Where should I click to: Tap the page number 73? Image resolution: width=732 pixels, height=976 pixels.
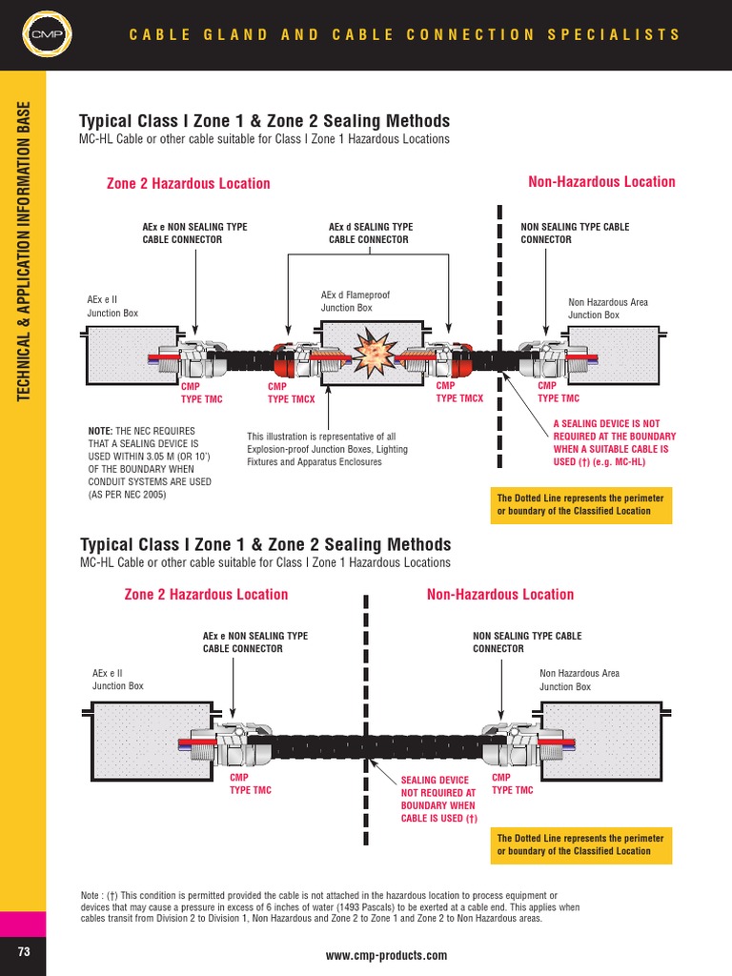pyautogui.click(x=23, y=952)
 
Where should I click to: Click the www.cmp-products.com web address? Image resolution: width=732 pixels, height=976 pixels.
pyautogui.click(x=386, y=955)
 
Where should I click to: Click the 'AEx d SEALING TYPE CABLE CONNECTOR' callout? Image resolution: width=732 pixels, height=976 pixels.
pyautogui.click(x=371, y=233)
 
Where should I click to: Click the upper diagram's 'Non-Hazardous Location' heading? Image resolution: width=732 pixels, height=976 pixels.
pyautogui.click(x=601, y=182)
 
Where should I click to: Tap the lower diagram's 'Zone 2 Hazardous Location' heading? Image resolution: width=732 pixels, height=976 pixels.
pyautogui.click(x=206, y=595)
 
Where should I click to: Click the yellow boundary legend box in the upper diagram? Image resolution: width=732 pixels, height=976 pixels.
pyautogui.click(x=581, y=504)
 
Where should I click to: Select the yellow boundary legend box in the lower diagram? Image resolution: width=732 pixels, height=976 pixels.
pyautogui.click(x=581, y=844)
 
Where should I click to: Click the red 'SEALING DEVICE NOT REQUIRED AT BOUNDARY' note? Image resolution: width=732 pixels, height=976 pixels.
pyautogui.click(x=438, y=799)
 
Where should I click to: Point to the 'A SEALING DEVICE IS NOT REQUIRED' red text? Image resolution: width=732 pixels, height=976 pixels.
pyautogui.click(x=615, y=442)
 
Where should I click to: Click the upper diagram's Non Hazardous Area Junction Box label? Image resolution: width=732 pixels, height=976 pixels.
pyautogui.click(x=608, y=308)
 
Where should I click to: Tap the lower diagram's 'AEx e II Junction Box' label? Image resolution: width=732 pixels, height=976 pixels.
pyautogui.click(x=118, y=680)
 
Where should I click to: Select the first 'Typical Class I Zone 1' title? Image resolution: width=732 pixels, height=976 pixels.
pyautogui.click(x=265, y=121)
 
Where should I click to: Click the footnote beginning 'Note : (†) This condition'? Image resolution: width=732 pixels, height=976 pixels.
pyautogui.click(x=319, y=906)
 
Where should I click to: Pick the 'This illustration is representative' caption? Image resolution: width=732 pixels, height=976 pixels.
pyautogui.click(x=327, y=449)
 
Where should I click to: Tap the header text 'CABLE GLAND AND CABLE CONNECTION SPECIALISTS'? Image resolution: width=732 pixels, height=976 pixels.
pyautogui.click(x=405, y=35)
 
